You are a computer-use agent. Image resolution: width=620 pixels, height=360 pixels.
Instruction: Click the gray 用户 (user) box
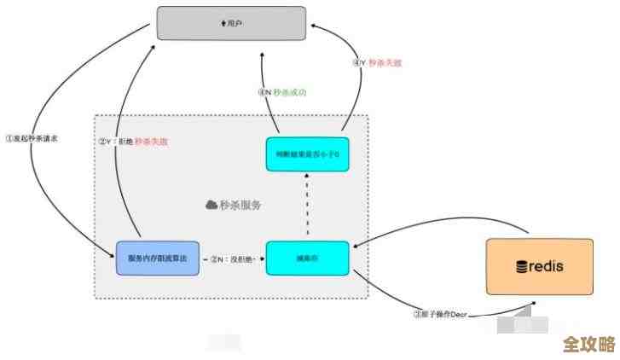(x=231, y=23)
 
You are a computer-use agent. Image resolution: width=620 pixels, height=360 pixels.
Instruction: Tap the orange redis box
(x=541, y=266)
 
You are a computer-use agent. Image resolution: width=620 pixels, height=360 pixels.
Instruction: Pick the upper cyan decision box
(x=307, y=154)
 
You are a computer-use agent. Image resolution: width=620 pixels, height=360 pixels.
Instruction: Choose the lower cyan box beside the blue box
(x=307, y=258)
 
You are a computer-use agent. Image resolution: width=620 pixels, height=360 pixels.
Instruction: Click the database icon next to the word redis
(x=522, y=267)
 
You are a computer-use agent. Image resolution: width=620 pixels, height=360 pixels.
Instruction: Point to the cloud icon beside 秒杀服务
(x=211, y=205)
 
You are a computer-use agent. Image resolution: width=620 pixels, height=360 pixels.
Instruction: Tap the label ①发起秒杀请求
(x=31, y=137)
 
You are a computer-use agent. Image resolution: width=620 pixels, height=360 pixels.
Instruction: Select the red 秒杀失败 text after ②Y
(x=152, y=141)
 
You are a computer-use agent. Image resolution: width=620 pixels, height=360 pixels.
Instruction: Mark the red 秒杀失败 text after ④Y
(x=386, y=62)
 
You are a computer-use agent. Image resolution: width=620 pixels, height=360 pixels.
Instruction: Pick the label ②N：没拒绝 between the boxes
(x=233, y=258)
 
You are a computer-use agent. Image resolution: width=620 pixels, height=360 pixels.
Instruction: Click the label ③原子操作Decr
(x=440, y=313)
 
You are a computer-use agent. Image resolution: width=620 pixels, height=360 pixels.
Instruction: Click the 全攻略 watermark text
(x=588, y=345)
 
